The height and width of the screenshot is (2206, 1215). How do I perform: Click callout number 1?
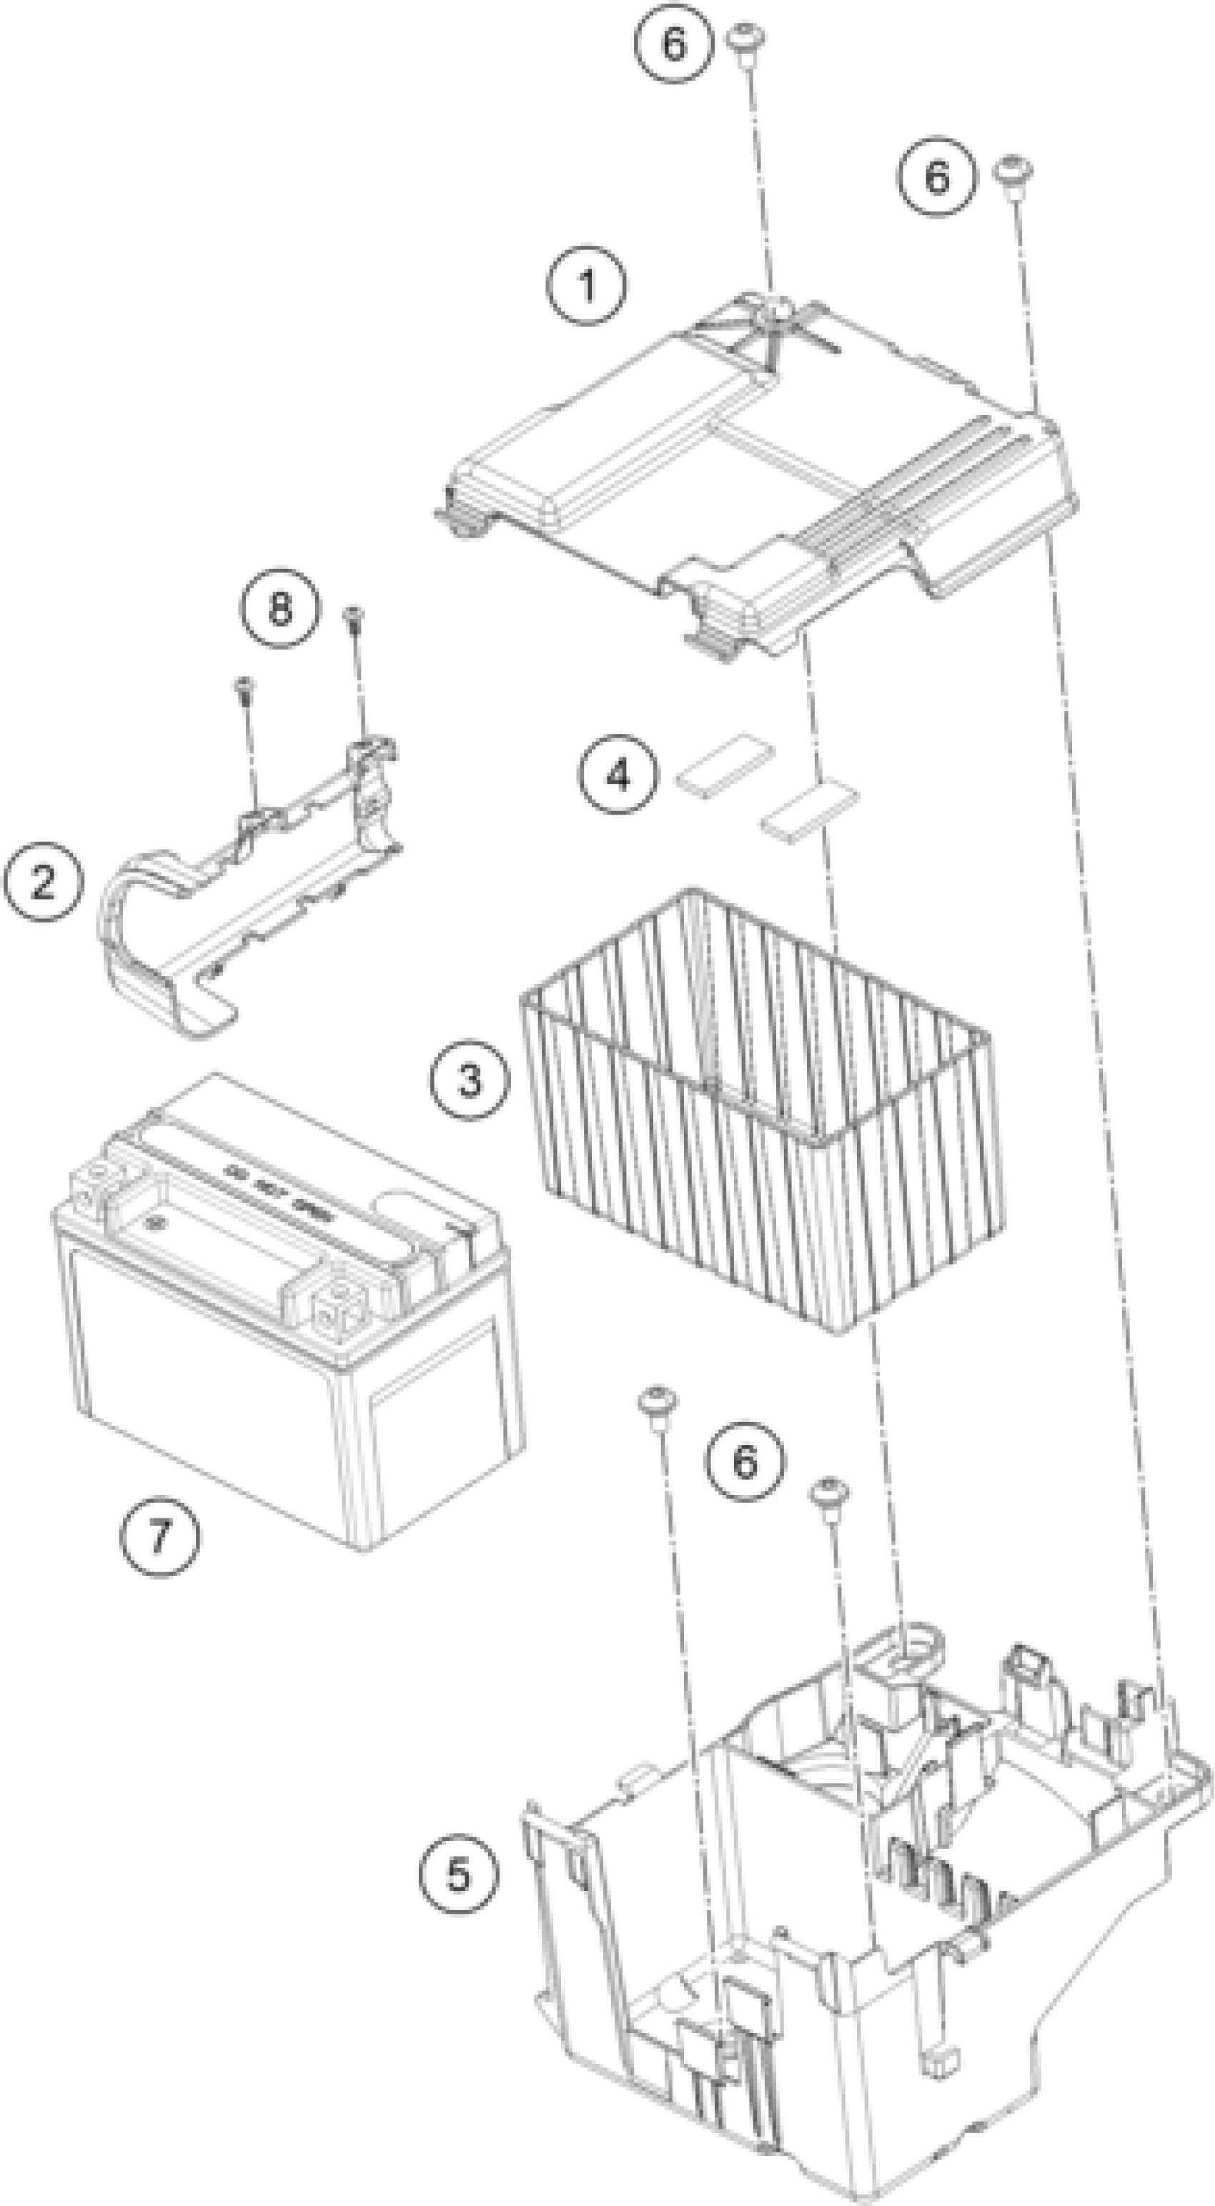[x=587, y=285]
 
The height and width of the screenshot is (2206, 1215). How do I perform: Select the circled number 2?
[x=44, y=881]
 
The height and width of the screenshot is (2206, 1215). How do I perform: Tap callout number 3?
[x=470, y=1079]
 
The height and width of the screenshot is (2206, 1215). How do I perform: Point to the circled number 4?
[x=618, y=775]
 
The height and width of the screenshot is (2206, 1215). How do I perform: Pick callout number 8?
[x=280, y=610]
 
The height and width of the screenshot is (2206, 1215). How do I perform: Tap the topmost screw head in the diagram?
[x=745, y=38]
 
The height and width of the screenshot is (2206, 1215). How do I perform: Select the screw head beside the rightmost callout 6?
[x=1012, y=169]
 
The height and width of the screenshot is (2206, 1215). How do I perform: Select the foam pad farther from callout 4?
[x=810, y=808]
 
